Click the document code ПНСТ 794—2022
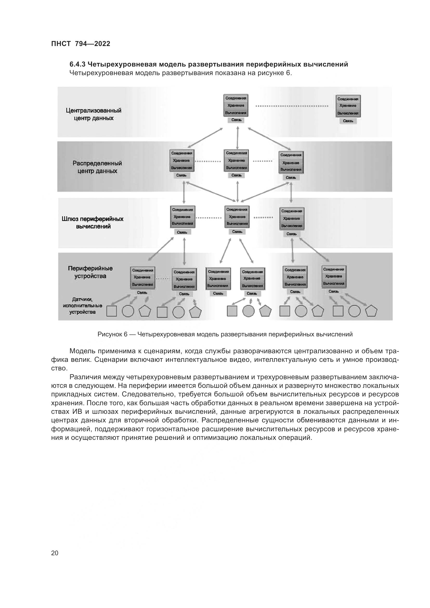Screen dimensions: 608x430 pos(81,44)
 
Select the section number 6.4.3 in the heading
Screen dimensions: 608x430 pos(77,64)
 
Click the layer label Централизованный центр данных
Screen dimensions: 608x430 pos(94,114)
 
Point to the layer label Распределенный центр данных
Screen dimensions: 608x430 pos(97,167)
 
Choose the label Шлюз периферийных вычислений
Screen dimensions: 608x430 pos(93,223)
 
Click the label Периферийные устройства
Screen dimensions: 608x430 pos(90,272)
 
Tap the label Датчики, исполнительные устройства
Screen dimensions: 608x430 pos(82,306)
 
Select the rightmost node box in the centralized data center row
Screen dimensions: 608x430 pos(348,106)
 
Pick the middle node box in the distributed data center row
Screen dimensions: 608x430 pos(236,160)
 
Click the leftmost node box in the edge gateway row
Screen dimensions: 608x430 pos(183,217)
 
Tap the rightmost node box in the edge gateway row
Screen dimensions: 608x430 pos(292,219)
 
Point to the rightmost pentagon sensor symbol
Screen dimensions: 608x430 pos(371,311)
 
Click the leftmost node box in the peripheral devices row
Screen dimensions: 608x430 pos(142,278)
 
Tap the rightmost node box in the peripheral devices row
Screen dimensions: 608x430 pos(334,277)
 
